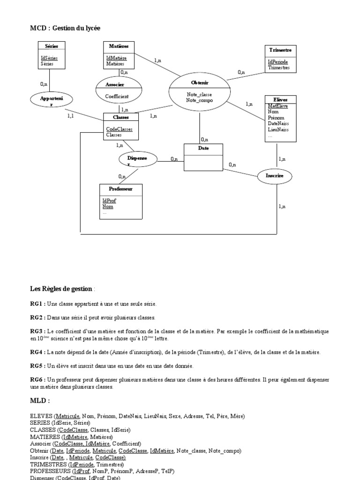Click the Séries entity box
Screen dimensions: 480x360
point(51,56)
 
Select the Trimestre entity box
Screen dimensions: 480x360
point(280,59)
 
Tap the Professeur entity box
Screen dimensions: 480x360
point(121,201)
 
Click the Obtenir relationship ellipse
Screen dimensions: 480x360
point(199,92)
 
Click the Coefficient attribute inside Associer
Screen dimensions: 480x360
point(117,97)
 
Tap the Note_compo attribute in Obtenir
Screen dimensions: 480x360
point(198,100)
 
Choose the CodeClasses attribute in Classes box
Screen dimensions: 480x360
point(119,129)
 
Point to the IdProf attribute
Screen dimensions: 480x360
point(109,201)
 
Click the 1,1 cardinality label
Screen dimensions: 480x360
point(70,115)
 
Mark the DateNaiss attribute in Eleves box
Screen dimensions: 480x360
point(277,123)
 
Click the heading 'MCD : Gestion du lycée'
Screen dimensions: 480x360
point(65,29)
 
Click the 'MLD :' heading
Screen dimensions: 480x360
point(40,401)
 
